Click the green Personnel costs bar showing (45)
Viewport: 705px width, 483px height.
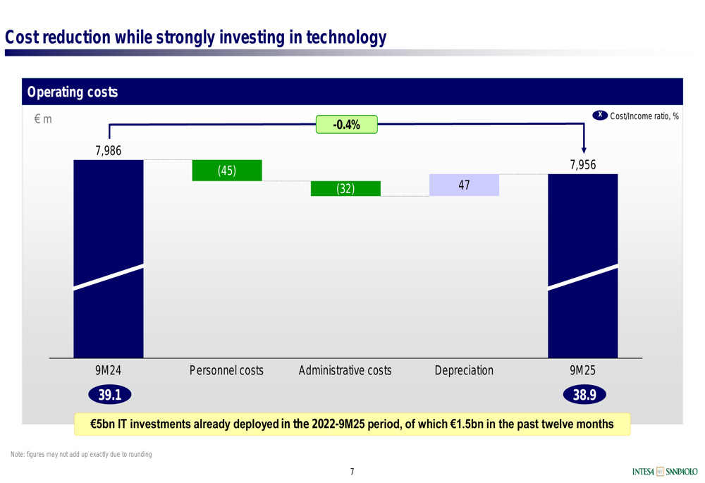(x=227, y=171)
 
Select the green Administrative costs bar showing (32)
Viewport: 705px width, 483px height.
(x=345, y=188)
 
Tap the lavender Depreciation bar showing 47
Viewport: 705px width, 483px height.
(x=464, y=185)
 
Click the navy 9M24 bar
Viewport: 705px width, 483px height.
(x=109, y=259)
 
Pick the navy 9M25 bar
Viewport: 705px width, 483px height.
(x=583, y=266)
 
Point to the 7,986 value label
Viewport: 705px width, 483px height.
(x=109, y=151)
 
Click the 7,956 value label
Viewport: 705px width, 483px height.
(x=583, y=164)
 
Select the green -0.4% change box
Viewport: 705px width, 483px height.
(x=347, y=125)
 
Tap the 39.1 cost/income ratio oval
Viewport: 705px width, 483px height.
(x=110, y=395)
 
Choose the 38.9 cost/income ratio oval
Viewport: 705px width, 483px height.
(x=584, y=395)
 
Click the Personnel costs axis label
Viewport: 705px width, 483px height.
(x=226, y=370)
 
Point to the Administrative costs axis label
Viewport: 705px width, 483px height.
(x=345, y=370)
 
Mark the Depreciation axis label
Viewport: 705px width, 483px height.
(x=464, y=370)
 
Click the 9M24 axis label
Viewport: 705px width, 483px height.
(x=109, y=370)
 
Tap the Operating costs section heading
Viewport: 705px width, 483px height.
(x=73, y=92)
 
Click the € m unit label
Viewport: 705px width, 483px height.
(x=43, y=118)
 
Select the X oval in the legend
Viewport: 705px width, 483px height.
(x=600, y=115)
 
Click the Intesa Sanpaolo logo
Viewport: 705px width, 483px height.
(x=665, y=471)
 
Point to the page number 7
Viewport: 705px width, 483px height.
(x=352, y=471)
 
